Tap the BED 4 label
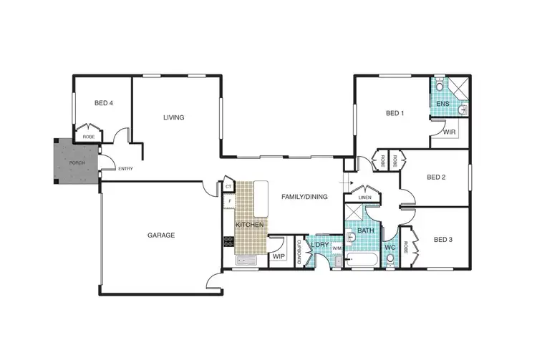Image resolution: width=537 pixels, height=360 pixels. point(103,103)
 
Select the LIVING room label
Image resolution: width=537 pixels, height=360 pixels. point(173,117)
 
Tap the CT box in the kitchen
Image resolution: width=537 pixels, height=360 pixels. point(228,187)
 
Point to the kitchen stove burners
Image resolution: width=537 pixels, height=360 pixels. point(228,241)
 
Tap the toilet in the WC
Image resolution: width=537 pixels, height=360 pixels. point(390,260)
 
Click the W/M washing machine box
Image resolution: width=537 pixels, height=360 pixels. point(337,248)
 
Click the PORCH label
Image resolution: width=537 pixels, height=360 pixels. point(77,162)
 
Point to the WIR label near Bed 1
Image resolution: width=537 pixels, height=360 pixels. point(450,132)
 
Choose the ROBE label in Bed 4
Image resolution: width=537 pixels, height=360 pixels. point(89,136)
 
